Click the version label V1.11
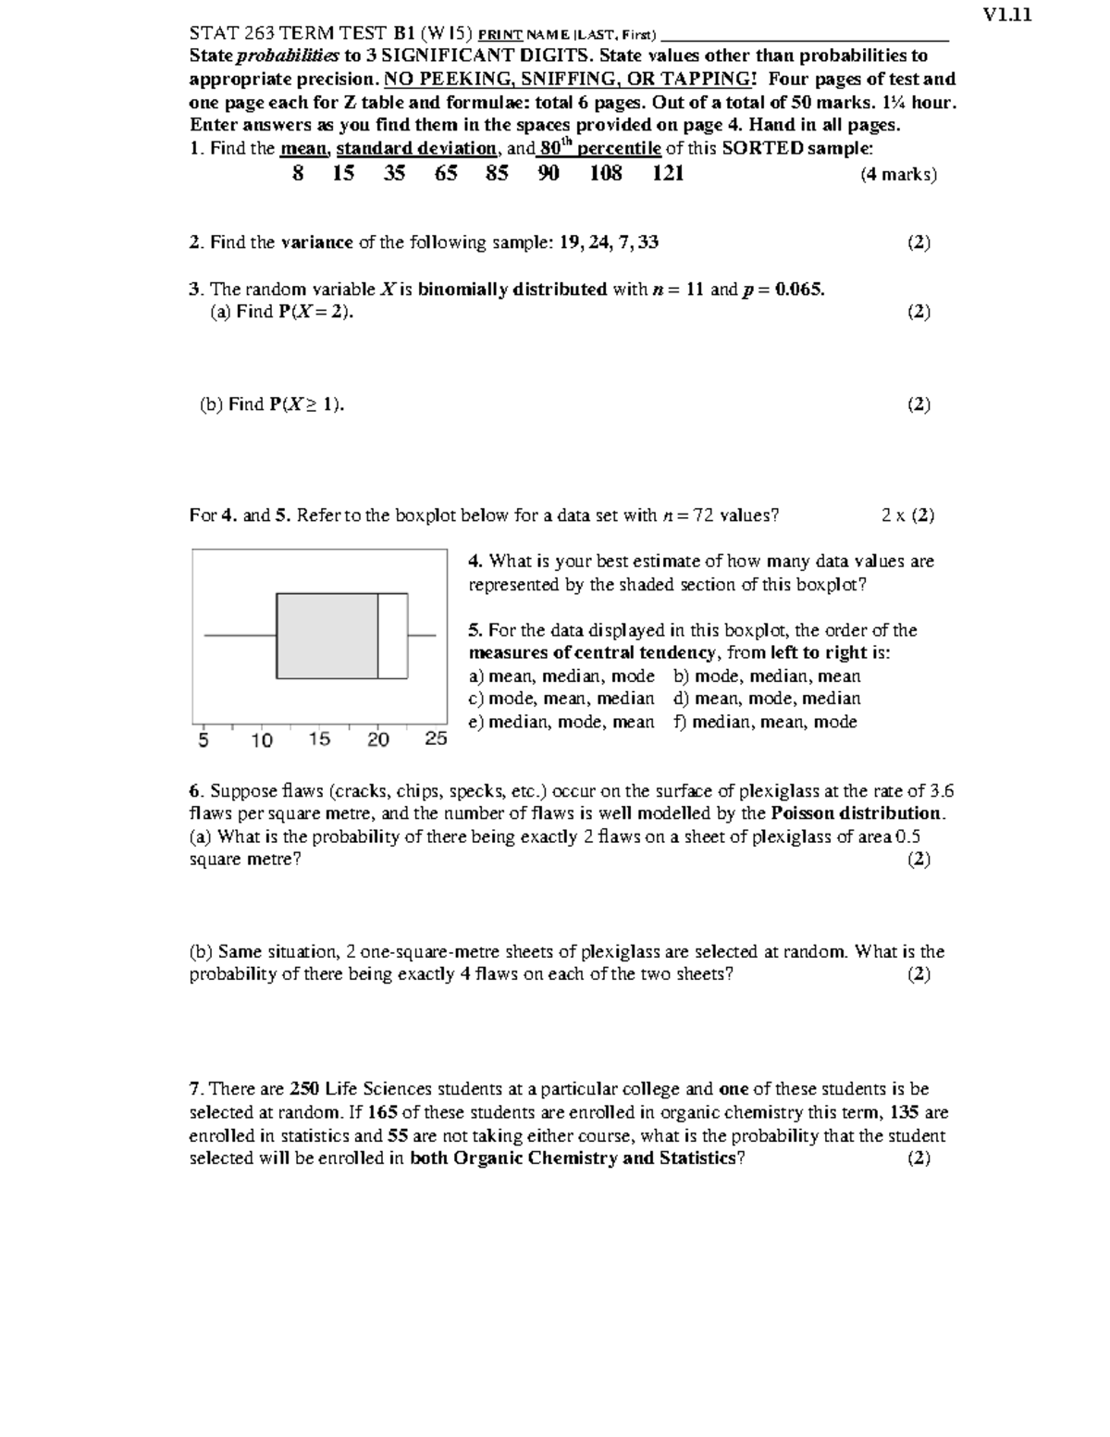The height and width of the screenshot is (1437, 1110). point(1007,14)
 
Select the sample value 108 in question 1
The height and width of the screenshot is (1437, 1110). point(606,173)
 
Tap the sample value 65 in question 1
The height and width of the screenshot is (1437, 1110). point(446,173)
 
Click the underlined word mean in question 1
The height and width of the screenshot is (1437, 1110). point(303,148)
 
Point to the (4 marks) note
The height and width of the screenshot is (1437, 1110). point(898,174)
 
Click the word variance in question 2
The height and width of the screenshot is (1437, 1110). point(316,242)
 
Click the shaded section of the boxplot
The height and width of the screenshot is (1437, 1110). point(327,636)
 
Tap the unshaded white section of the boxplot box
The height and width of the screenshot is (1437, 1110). point(393,636)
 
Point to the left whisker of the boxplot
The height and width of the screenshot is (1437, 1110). point(240,636)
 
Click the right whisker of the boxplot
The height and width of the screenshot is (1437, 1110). point(422,636)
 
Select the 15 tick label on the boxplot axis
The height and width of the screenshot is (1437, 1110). point(319,739)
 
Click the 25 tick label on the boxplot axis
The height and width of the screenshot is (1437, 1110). point(436,739)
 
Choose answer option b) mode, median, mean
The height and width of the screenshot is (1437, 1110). point(767,676)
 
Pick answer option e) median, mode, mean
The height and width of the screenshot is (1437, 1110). point(561,722)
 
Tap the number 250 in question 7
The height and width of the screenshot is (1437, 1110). point(305,1089)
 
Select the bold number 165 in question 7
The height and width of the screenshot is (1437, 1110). point(382,1112)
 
